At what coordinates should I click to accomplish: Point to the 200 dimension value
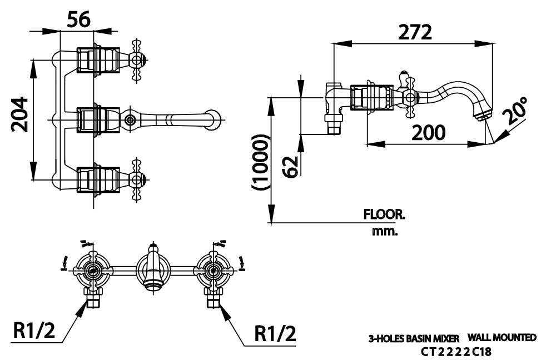429,132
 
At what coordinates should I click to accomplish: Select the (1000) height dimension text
260,162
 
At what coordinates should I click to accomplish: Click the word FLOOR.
384,214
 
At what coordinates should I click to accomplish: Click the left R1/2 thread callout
35,333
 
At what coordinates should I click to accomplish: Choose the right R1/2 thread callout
275,333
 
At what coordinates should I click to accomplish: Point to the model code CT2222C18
456,352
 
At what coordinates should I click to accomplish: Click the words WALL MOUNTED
502,337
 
